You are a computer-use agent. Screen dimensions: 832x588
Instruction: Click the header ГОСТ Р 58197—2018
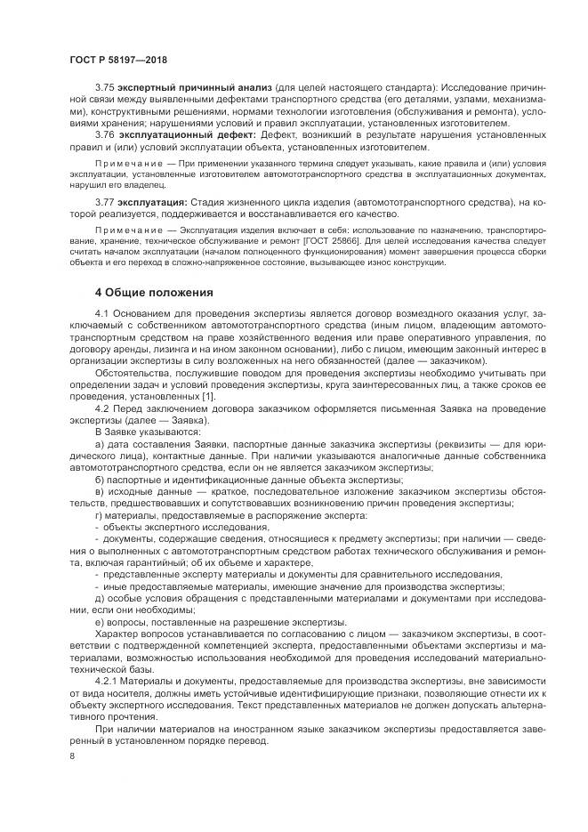point(117,59)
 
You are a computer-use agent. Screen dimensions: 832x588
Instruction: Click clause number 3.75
point(106,91)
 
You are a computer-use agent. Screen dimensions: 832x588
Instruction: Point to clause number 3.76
point(106,133)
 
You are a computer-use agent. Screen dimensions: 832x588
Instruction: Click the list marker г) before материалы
point(99,515)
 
